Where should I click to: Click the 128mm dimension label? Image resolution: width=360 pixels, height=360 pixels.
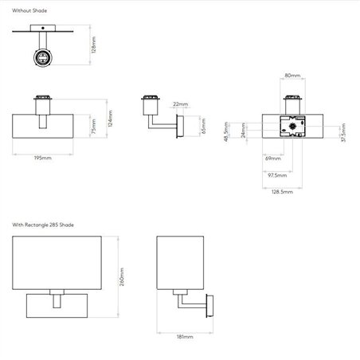93,45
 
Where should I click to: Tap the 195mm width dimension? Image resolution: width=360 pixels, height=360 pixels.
43,158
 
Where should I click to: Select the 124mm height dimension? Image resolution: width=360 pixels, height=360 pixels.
111,119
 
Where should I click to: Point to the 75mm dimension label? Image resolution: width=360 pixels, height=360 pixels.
93,127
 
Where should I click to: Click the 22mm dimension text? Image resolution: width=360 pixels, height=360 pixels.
181,104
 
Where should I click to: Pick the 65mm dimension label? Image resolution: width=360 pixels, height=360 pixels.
203,126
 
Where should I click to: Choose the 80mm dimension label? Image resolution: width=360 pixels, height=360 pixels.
292,76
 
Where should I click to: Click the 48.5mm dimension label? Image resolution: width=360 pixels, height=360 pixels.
226,131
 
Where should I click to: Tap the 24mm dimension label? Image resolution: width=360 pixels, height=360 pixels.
243,131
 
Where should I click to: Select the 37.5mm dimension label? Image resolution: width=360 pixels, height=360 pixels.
343,132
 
